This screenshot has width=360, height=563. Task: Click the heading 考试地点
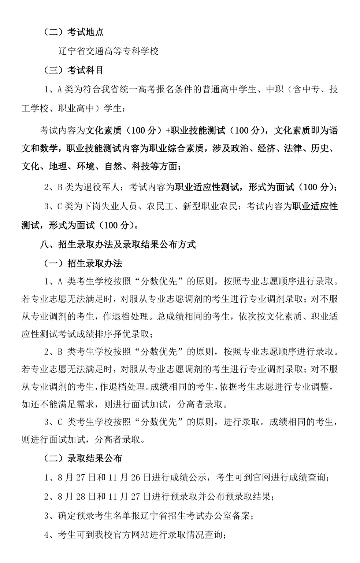86,32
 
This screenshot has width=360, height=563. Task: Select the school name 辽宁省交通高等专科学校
108,51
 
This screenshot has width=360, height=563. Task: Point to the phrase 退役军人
101,187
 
